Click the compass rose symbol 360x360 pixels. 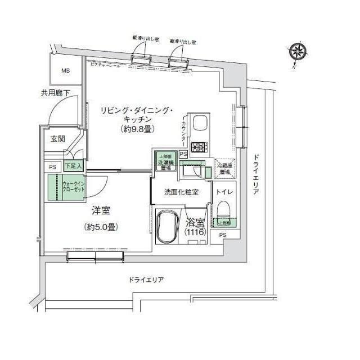(x=298, y=53)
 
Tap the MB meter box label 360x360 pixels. (x=66, y=71)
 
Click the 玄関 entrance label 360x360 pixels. (x=57, y=138)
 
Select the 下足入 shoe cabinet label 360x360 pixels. (x=73, y=166)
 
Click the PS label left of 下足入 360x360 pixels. (x=52, y=166)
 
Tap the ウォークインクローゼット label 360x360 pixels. (x=73, y=186)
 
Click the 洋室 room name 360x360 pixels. (x=101, y=211)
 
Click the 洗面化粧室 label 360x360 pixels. (x=181, y=192)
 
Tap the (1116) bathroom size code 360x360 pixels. (x=196, y=232)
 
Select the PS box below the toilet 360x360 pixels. (x=223, y=235)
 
